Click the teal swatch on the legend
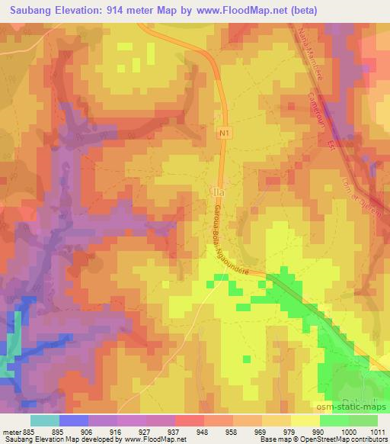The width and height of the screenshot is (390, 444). pos(44,420)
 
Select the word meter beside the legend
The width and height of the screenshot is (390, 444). pos(11,430)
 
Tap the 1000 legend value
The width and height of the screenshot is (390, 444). pos(347,430)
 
